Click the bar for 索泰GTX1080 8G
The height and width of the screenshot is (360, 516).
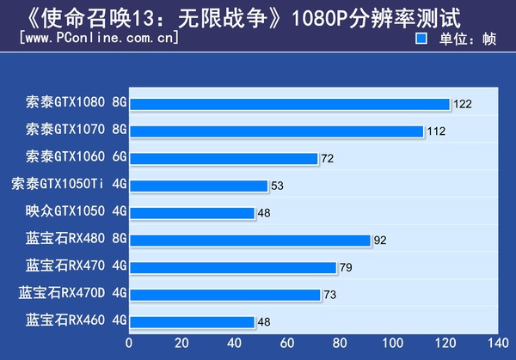(289, 104)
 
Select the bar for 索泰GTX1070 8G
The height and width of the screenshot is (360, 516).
(276, 131)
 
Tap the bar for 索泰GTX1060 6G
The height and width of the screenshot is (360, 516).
(224, 158)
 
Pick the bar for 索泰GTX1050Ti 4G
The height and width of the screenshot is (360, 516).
(199, 186)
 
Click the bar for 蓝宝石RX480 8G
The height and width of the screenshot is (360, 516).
(249, 241)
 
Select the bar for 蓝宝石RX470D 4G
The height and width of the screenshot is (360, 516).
(224, 295)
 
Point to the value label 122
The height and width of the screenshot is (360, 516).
(463, 105)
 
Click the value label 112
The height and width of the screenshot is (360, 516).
(436, 131)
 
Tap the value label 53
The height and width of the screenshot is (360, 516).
(277, 186)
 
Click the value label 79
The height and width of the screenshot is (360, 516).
(346, 268)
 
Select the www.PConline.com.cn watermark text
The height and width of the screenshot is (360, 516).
(98, 39)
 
